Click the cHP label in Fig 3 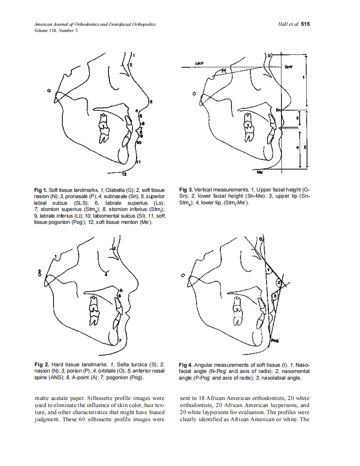point(199,64)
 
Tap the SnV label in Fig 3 point(288,66)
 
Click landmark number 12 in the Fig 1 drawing point(124,174)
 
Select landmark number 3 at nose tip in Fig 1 point(151,101)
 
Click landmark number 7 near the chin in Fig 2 point(120,341)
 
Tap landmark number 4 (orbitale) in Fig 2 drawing point(106,275)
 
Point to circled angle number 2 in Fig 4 point(279,283)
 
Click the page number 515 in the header point(306,25)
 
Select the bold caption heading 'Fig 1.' point(41,190)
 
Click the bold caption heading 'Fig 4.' point(186,364)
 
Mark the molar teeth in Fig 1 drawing point(103,131)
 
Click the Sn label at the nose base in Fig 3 point(279,110)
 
